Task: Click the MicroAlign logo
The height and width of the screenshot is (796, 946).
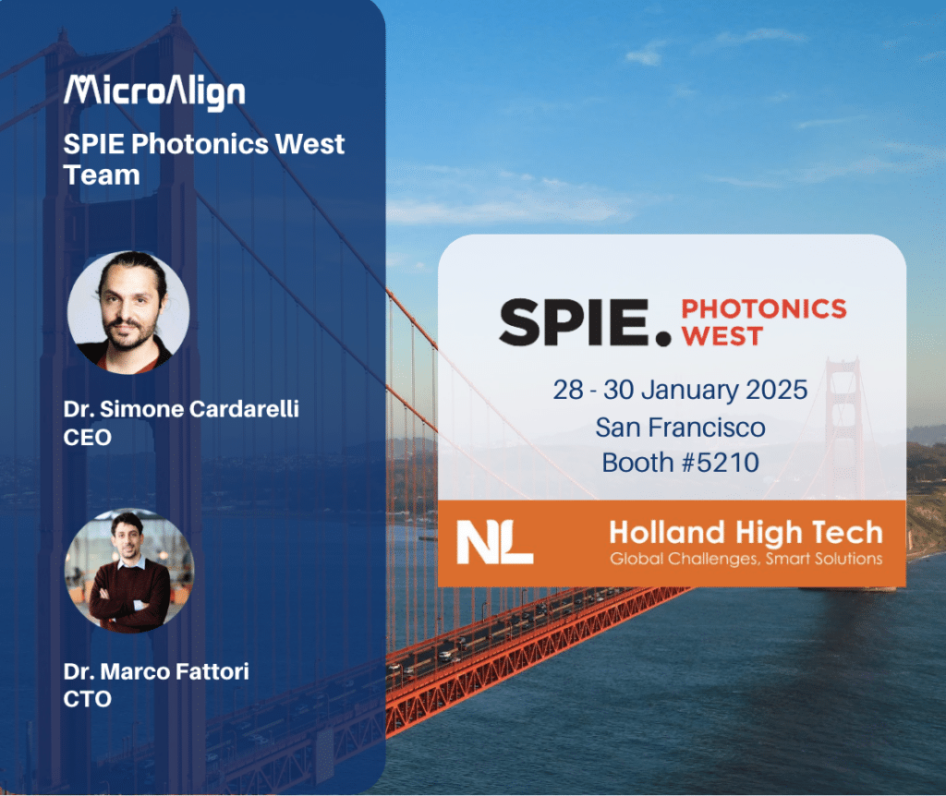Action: tap(154, 93)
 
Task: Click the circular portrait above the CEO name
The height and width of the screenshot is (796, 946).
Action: tap(127, 312)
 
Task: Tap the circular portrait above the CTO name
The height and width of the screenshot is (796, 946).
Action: tap(129, 571)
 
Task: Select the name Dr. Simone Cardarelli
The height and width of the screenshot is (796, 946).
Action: tap(181, 409)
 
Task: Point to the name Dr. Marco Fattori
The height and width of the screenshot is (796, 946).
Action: tap(156, 671)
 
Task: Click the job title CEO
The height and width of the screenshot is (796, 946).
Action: tap(88, 437)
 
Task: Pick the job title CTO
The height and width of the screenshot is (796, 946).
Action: tap(88, 699)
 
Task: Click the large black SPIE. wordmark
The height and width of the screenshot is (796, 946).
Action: tap(585, 322)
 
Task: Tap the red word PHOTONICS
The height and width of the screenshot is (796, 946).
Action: tap(764, 308)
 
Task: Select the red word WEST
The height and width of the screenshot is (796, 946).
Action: tap(722, 336)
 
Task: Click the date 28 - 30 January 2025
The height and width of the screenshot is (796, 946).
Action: tap(680, 390)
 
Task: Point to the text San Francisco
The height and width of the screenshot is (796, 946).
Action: tap(680, 428)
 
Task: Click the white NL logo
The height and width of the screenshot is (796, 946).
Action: tap(495, 542)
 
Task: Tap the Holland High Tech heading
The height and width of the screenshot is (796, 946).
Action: tap(746, 533)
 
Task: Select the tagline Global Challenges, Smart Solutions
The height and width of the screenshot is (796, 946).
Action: tap(746, 559)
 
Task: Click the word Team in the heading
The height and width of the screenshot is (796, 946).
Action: tap(102, 175)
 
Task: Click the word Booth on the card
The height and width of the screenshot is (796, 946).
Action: tap(637, 463)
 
